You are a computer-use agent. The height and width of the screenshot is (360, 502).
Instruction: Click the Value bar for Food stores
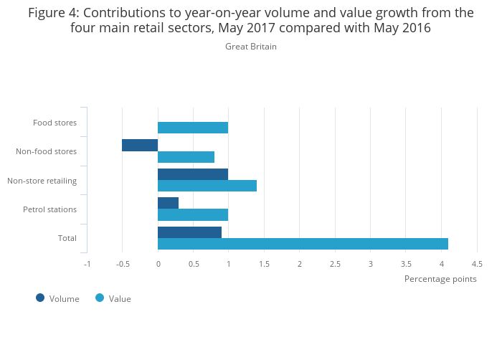pos(193,128)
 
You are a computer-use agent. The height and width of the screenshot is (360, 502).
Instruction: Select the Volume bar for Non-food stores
pos(140,146)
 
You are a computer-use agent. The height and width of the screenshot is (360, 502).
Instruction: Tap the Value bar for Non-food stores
pos(186,157)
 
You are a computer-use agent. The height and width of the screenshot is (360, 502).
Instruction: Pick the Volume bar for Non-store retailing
pos(193,174)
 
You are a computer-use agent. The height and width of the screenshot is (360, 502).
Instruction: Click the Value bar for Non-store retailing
pos(207,186)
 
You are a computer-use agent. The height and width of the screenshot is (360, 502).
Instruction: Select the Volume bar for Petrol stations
pos(168,203)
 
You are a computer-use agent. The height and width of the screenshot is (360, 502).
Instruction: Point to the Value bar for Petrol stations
pos(193,214)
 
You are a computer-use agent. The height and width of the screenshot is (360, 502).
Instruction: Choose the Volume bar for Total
pos(189,232)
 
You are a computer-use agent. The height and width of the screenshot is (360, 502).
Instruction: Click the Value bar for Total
pos(303,244)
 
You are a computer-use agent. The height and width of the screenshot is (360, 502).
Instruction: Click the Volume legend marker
pos(40,298)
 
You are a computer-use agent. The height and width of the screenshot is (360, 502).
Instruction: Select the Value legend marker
pos(100,298)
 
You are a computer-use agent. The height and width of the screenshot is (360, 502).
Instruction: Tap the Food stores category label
pos(55,123)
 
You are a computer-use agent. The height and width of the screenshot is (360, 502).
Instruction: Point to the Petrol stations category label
pos(49,209)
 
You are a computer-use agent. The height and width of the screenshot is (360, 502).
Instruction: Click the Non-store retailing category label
pos(42,181)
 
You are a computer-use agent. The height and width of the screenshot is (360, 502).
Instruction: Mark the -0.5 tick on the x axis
pos(123,264)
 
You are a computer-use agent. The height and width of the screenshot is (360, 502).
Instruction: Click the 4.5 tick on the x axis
pos(477,264)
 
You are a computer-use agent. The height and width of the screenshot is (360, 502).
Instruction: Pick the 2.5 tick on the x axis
pos(335,264)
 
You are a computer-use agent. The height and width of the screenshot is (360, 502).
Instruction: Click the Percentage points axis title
pos(440,279)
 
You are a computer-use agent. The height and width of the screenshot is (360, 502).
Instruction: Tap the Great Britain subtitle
pos(250,47)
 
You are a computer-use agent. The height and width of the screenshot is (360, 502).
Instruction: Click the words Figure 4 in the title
pos(53,12)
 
